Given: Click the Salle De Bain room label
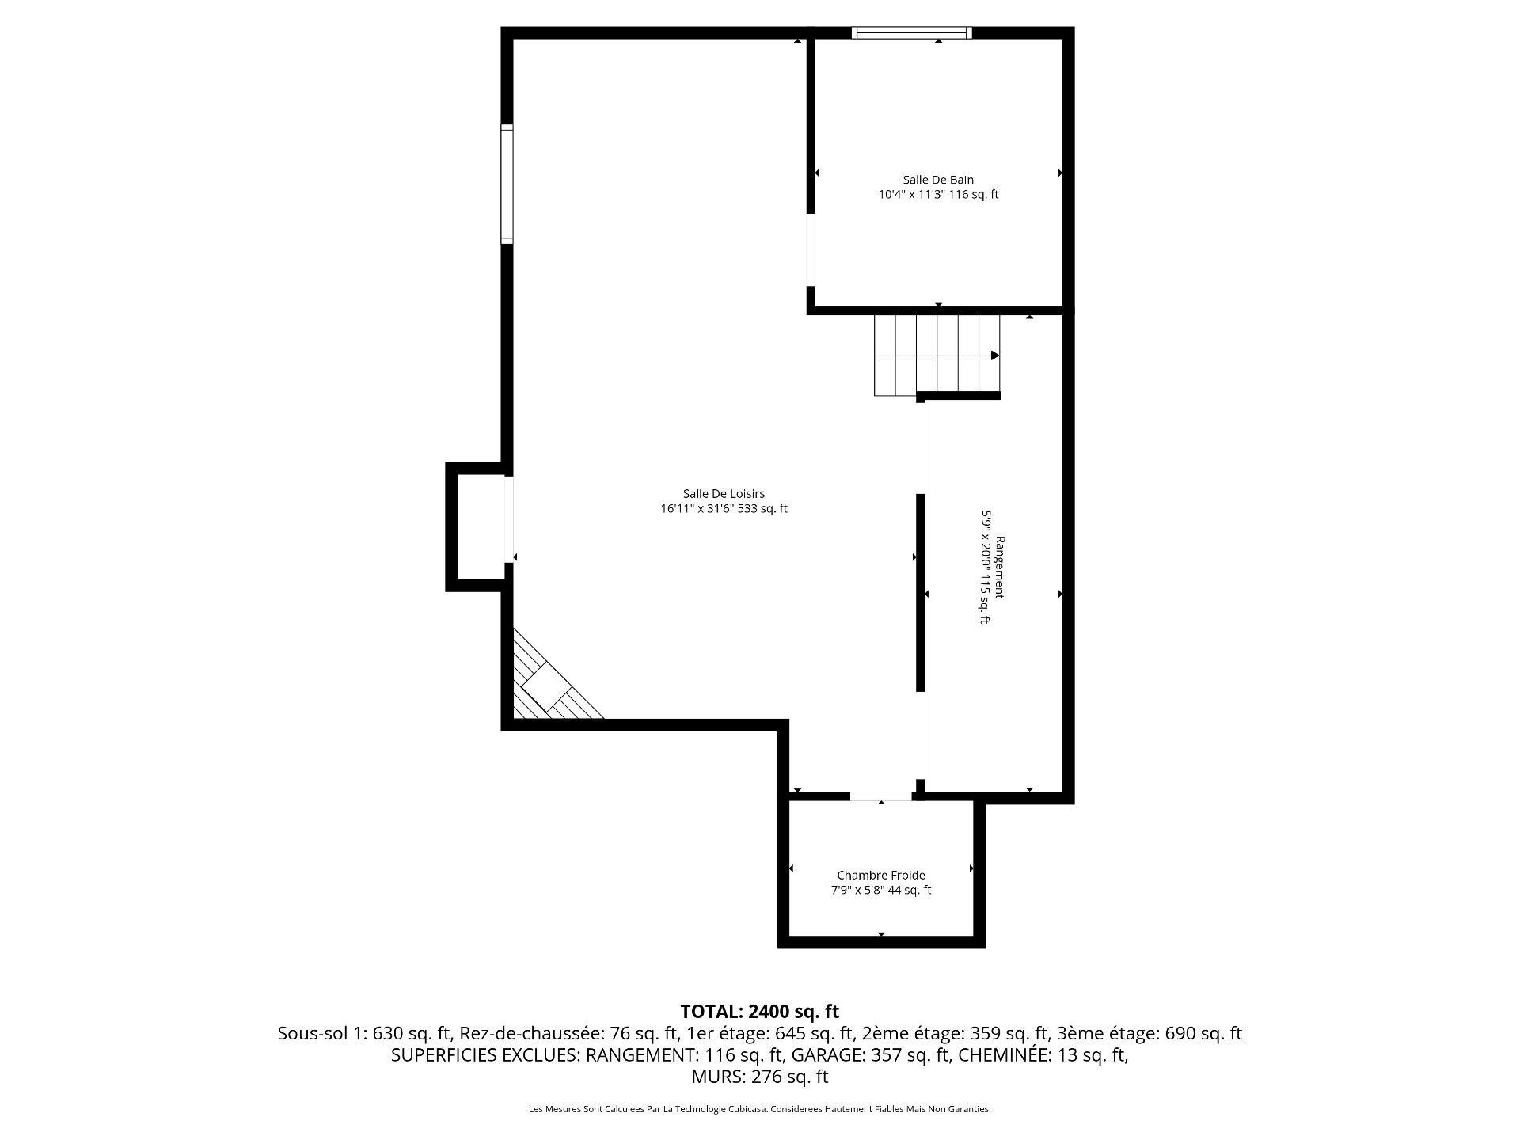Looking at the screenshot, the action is click(938, 180).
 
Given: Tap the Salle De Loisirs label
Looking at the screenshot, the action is click(724, 494).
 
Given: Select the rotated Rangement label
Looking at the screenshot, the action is click(1000, 568).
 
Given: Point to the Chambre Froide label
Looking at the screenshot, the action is click(881, 876).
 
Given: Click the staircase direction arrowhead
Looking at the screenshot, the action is click(995, 355).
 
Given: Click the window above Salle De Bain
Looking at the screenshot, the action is click(912, 32).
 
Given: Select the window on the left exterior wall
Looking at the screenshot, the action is click(507, 184).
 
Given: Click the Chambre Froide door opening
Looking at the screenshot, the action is click(881, 796).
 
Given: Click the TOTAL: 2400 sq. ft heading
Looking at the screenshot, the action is click(759, 1012).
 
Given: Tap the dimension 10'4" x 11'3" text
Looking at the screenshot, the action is click(911, 194).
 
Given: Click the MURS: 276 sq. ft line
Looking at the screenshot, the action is click(759, 1077).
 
